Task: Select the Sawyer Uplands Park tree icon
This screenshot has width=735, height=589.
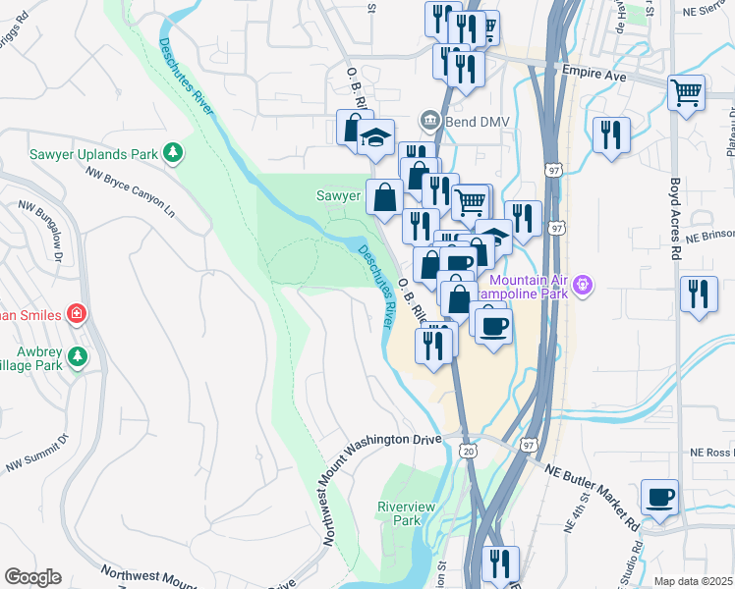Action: coord(173,152)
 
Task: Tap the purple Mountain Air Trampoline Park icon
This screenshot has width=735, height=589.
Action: coord(583,285)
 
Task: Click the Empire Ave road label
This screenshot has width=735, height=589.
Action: coord(594,71)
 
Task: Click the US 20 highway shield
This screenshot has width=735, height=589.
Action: coord(468,448)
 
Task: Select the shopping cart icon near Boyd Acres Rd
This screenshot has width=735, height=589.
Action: coord(686,93)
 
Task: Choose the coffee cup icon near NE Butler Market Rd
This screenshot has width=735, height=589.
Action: coord(658,496)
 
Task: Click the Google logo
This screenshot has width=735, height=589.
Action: coord(32,577)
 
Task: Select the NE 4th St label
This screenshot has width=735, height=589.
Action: coord(569,512)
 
